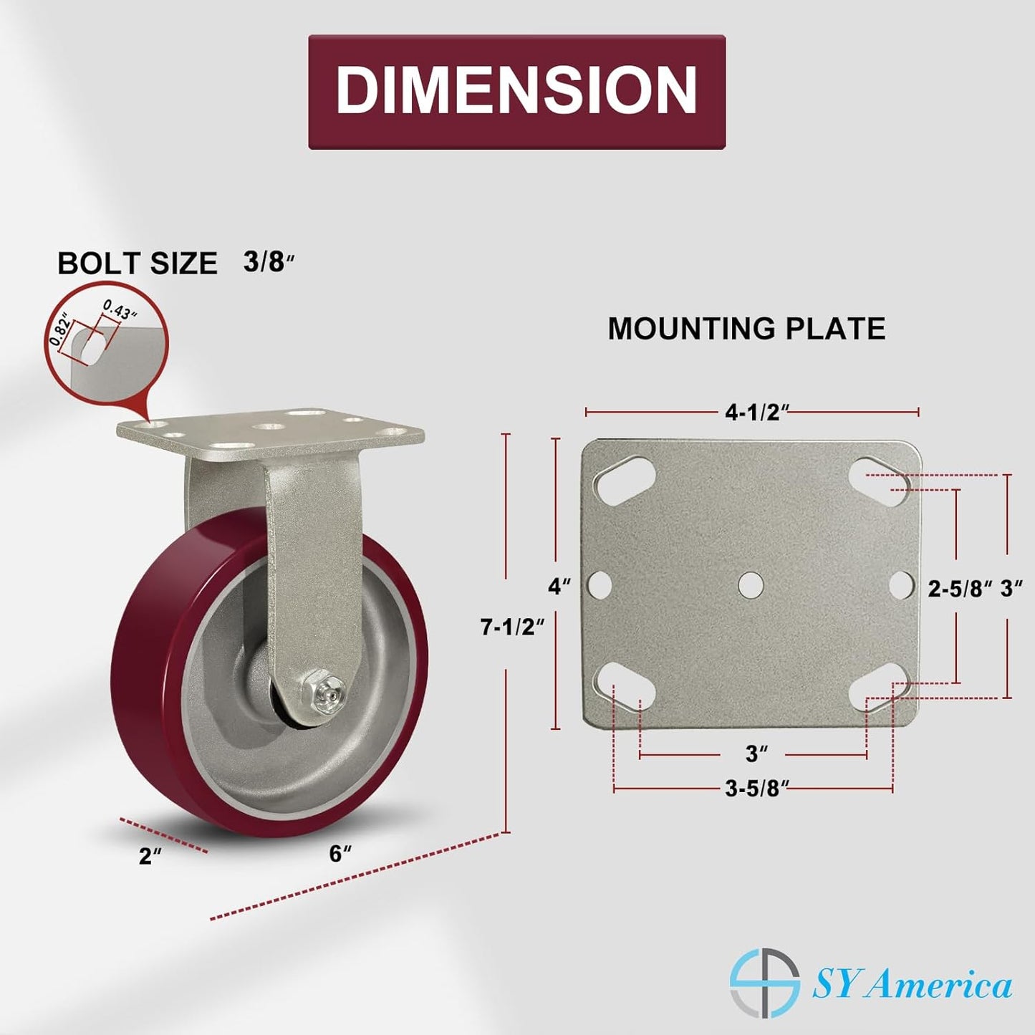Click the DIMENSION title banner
click(516, 92)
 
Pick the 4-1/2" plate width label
click(757, 413)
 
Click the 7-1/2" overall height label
click(514, 627)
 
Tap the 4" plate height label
click(559, 586)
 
